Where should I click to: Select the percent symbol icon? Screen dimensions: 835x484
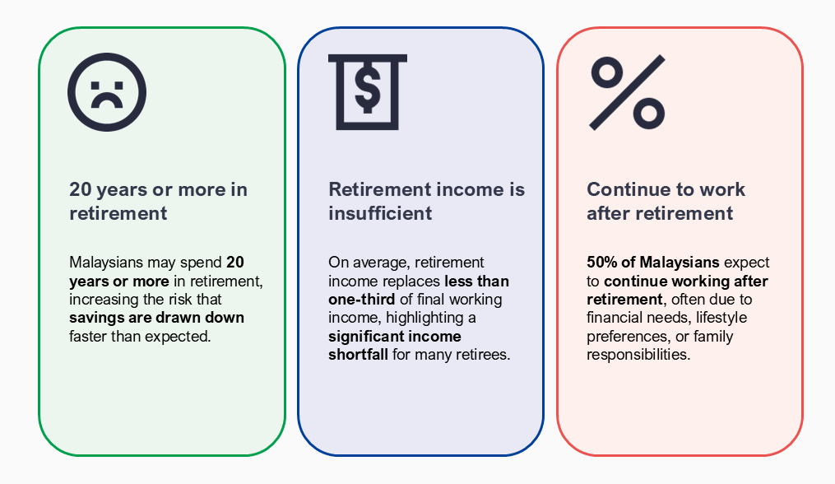(628, 92)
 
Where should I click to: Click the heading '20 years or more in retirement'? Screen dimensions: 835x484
(158, 201)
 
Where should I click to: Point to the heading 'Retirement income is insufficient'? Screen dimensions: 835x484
(427, 201)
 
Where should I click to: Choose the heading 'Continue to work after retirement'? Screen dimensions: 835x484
(666, 201)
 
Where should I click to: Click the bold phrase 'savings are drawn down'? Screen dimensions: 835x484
(156, 318)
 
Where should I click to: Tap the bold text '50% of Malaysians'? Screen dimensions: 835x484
(653, 263)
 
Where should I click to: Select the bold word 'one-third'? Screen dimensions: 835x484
(362, 299)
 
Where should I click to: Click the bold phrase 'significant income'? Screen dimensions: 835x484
(395, 337)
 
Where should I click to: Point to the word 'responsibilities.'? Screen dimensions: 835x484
(638, 355)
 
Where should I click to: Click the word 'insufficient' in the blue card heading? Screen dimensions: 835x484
(380, 213)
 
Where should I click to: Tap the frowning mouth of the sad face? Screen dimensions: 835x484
(106, 100)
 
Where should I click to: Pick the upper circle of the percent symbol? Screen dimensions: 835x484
(607, 72)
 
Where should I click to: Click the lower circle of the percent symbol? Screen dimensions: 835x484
(648, 113)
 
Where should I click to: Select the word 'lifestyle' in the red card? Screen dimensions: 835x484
(721, 318)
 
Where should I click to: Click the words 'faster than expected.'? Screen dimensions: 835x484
(140, 337)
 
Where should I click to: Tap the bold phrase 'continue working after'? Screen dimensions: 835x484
(686, 281)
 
